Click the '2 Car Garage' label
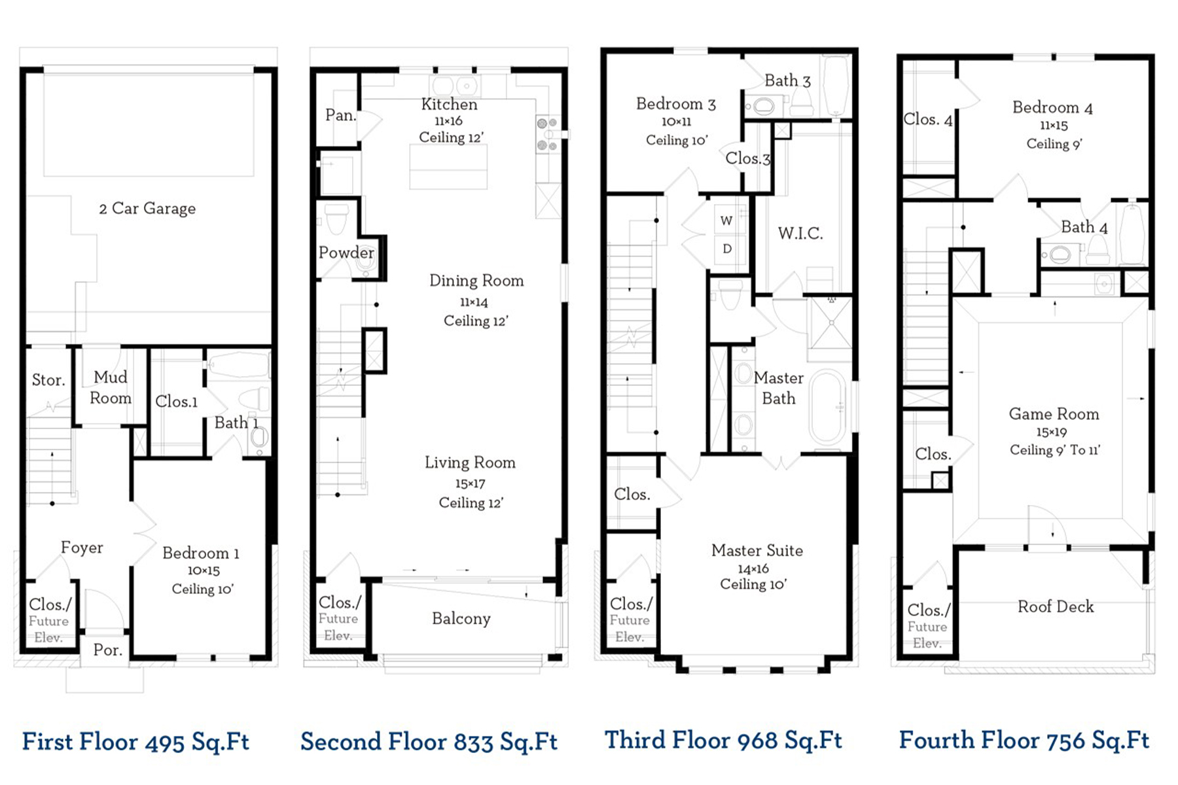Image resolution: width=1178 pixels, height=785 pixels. (x=147, y=209)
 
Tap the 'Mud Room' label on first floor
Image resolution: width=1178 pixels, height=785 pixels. (x=110, y=387)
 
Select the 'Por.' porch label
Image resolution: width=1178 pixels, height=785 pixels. (x=107, y=650)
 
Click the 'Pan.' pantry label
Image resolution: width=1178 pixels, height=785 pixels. (x=340, y=116)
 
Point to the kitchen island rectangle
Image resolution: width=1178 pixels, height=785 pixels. (x=448, y=167)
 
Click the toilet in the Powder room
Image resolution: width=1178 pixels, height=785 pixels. (x=336, y=220)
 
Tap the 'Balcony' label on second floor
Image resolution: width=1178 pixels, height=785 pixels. (x=461, y=619)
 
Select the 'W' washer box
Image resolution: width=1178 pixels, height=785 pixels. (x=726, y=221)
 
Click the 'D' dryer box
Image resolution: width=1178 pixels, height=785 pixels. (x=726, y=249)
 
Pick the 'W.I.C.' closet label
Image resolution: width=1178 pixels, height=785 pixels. (x=800, y=234)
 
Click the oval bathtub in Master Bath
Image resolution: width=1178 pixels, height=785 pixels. (x=827, y=408)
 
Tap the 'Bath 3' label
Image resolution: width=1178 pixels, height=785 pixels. (x=787, y=81)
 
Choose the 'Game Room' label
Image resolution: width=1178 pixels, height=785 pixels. (x=1054, y=414)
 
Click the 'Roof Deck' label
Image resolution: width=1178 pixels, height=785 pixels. (x=1055, y=607)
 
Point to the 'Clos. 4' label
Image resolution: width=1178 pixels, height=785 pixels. (x=927, y=120)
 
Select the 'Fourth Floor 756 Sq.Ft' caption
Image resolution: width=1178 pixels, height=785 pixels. (x=1024, y=741)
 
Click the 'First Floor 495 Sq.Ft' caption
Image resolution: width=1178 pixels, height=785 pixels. (x=135, y=742)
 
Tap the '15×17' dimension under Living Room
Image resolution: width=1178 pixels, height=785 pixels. (x=470, y=484)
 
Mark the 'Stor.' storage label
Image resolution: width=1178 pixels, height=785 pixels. (x=48, y=380)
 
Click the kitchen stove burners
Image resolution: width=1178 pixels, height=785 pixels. (x=547, y=134)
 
